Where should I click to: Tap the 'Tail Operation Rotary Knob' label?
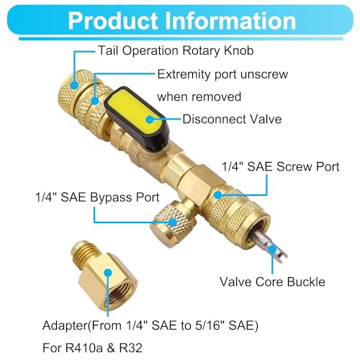coord(176,50)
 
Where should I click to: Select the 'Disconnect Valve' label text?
coord(232,119)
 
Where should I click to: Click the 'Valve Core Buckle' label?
coord(272,282)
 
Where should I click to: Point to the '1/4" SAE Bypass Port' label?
coord(97,197)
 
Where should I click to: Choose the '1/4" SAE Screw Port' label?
coord(281,166)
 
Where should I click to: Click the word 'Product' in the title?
coord(113,21)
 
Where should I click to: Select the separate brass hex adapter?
coord(104,279)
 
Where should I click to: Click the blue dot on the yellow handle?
coord(150,120)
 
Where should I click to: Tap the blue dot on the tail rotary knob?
coord(75,85)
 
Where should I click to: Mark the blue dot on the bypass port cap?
coord(172,222)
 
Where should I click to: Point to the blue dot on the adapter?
coord(108,273)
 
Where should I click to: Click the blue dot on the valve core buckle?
coord(272,250)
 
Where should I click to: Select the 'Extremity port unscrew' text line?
coord(222,74)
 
